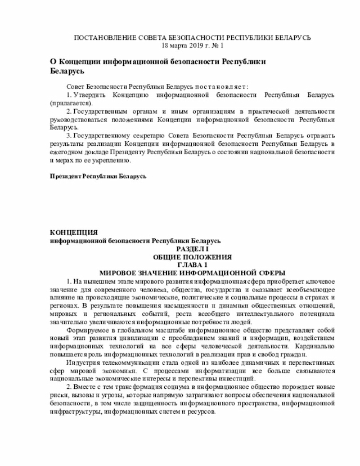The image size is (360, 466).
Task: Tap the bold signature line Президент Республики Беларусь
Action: tap(98, 176)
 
